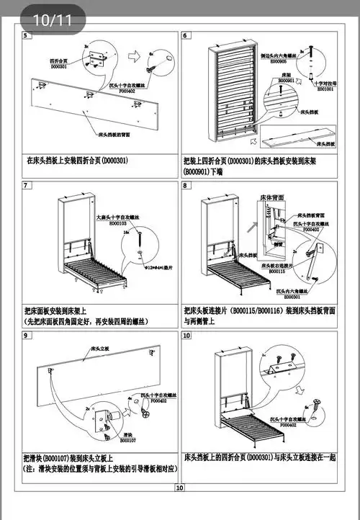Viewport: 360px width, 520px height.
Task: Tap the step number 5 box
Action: pyautogui.click(x=27, y=35)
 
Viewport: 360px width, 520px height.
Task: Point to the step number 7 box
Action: pyautogui.click(x=27, y=185)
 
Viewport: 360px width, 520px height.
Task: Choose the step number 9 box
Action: pyautogui.click(x=27, y=336)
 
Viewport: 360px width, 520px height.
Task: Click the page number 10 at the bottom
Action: pyautogui.click(x=179, y=488)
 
